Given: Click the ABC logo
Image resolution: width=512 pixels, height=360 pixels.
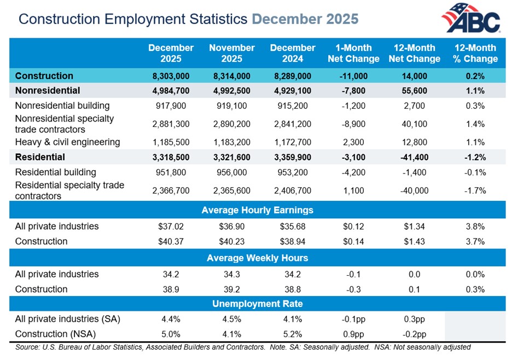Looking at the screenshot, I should (471, 18).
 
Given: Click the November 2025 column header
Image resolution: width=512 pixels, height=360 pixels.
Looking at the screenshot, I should (232, 53).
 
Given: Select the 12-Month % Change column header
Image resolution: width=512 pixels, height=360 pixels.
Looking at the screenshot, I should (475, 53).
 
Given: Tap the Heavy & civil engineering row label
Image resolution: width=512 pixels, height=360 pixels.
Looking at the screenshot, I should (67, 142).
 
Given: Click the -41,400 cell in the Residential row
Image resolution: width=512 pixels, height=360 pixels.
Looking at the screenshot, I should (414, 158).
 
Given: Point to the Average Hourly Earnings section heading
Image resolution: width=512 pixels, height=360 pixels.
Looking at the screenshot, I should (257, 210).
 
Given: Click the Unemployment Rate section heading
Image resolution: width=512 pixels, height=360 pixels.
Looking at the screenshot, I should (257, 304).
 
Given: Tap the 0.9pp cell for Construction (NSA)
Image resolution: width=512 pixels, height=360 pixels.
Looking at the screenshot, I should (353, 334).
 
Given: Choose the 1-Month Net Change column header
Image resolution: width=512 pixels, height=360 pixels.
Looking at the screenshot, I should (353, 53).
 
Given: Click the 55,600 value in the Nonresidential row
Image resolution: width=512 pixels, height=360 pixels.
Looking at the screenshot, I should (414, 91).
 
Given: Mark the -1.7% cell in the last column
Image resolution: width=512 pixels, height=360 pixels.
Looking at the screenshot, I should (475, 191).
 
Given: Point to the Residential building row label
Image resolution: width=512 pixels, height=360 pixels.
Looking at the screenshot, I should (55, 172).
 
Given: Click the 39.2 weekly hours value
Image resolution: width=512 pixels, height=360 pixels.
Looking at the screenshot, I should (232, 289).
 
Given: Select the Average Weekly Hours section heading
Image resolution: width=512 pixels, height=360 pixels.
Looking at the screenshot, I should (257, 258).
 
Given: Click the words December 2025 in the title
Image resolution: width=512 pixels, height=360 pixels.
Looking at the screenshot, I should (305, 19).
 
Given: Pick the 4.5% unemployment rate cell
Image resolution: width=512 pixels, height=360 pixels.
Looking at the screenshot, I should (232, 319).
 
